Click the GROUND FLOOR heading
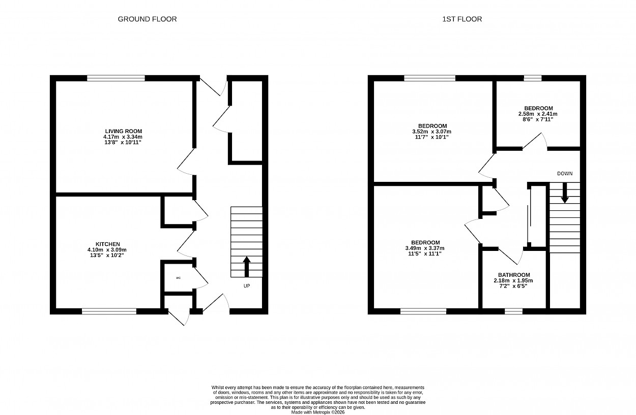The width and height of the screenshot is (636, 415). (x=147, y=19)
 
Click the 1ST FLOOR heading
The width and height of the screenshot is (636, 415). (x=462, y=19)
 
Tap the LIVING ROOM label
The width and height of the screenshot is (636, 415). (x=124, y=131)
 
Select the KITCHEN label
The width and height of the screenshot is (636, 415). (x=107, y=244)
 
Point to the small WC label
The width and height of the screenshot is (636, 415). (x=178, y=278)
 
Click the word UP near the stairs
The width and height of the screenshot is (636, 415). (x=247, y=286)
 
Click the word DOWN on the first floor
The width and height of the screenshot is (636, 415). (x=565, y=174)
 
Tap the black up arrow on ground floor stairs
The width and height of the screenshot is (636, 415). (x=247, y=267)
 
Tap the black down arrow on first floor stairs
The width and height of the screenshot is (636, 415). (x=565, y=193)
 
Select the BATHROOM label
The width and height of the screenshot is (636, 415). (x=514, y=275)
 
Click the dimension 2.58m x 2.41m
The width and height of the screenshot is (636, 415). (x=538, y=114)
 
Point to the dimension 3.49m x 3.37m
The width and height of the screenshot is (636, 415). (x=425, y=248)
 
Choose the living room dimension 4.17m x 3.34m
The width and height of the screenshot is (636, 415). (x=123, y=137)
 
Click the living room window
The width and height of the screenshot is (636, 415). (x=116, y=78)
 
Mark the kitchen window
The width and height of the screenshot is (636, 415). (x=109, y=311)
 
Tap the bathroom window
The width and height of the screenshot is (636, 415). (x=513, y=311)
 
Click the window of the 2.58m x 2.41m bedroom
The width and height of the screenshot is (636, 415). (x=533, y=78)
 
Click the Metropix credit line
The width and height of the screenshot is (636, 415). (x=317, y=412)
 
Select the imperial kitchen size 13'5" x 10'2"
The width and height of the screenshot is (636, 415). (x=107, y=255)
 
